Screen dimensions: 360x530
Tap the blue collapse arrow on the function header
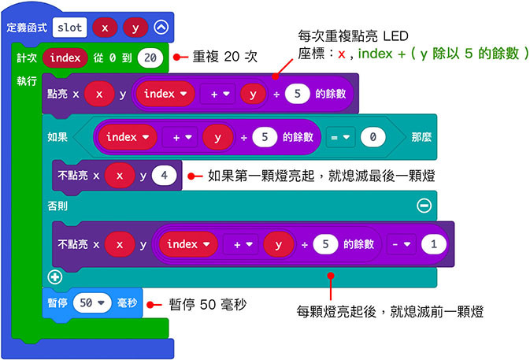coord(161,28)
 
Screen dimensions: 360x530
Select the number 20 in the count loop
coord(150,58)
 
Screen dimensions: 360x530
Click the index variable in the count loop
coord(66,58)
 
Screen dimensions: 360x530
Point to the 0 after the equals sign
coord(373,137)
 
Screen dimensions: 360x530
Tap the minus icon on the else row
coord(424,205)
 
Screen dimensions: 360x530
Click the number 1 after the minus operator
coord(432,244)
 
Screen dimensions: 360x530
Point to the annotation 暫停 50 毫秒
coord(203,303)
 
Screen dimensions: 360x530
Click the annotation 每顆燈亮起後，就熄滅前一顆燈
coord(390,312)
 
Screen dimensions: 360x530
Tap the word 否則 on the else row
coord(59,205)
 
